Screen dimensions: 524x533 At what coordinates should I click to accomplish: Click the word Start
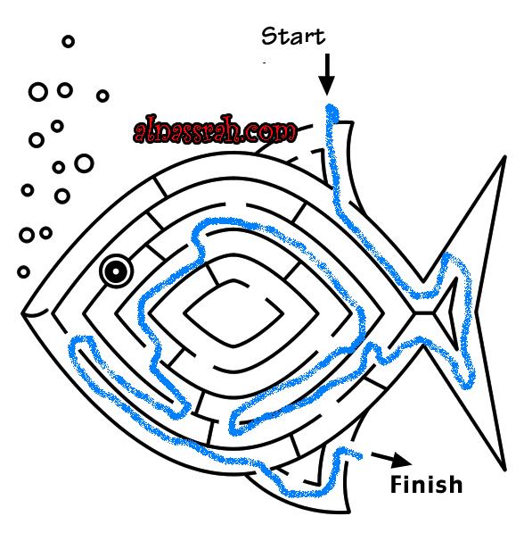coord(293,36)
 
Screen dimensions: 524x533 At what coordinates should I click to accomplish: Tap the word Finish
coord(426,484)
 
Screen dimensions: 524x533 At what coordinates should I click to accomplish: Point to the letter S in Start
coord(268,36)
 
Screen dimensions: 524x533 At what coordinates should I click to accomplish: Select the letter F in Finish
coord(396,484)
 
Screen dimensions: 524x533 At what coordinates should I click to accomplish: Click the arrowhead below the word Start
coord(327,86)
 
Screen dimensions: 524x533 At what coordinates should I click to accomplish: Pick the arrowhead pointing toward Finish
coord(402,460)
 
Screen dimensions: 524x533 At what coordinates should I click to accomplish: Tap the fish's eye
coord(116,271)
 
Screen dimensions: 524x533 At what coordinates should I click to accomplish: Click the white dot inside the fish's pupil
coord(116,271)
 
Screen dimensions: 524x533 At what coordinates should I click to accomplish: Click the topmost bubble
coord(69,41)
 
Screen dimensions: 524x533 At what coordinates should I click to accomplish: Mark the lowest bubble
coord(23,272)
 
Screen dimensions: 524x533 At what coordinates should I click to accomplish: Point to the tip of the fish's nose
coord(22,313)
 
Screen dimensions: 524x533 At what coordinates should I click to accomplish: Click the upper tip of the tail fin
coord(505,157)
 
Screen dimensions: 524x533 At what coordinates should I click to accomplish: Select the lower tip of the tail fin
coord(505,469)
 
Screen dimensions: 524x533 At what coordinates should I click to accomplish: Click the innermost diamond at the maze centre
coord(233,312)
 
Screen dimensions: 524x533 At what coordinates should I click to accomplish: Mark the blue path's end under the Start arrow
coord(332,111)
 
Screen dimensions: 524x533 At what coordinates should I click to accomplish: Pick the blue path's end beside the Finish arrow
coord(358,455)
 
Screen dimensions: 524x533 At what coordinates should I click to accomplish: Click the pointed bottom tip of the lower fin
coord(348,511)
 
